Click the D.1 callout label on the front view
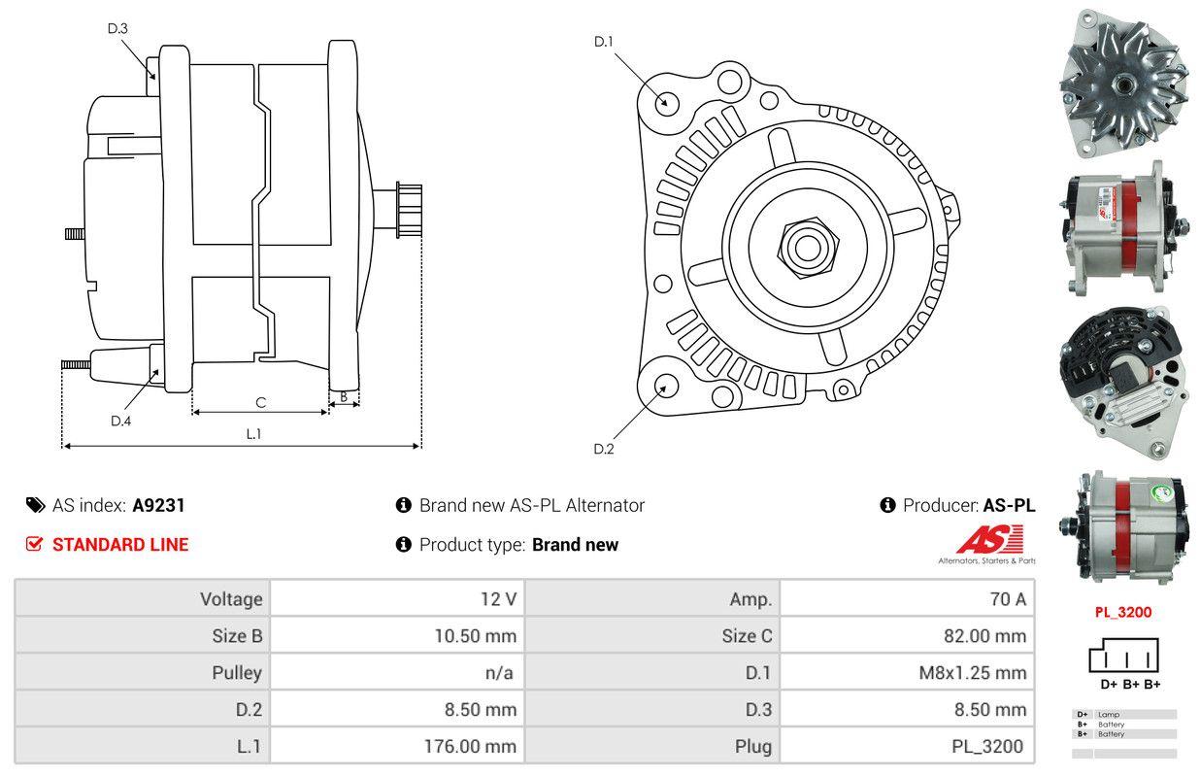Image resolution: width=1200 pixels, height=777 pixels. (x=604, y=42)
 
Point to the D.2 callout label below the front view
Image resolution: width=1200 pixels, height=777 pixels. (x=604, y=449)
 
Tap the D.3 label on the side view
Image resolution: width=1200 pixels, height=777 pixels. (x=117, y=28)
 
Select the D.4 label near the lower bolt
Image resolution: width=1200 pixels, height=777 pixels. (x=120, y=421)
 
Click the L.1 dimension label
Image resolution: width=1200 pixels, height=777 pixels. (x=253, y=434)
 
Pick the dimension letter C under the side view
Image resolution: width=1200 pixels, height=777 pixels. (x=260, y=402)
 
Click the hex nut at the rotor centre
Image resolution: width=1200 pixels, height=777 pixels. (x=803, y=246)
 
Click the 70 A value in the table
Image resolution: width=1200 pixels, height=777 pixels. (x=1007, y=598)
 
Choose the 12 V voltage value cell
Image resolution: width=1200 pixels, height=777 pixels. (x=497, y=598)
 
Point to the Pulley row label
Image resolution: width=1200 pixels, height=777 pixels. (x=237, y=672)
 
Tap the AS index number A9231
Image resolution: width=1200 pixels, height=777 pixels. (x=158, y=505)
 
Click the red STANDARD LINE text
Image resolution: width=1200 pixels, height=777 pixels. (x=120, y=544)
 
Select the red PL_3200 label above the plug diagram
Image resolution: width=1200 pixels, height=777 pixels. (x=1123, y=613)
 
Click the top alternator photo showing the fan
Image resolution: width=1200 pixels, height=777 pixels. (x=1123, y=82)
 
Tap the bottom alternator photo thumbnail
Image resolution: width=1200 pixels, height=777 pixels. (x=1123, y=530)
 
